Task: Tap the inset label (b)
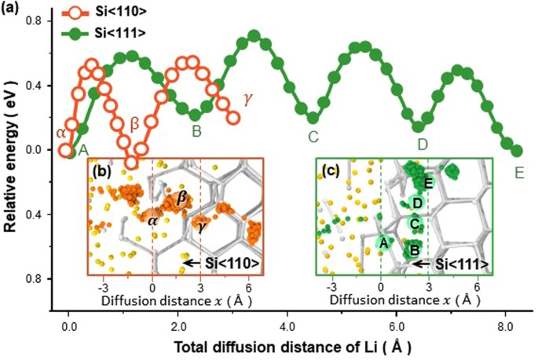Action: [99, 170]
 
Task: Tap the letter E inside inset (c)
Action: [428, 183]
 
